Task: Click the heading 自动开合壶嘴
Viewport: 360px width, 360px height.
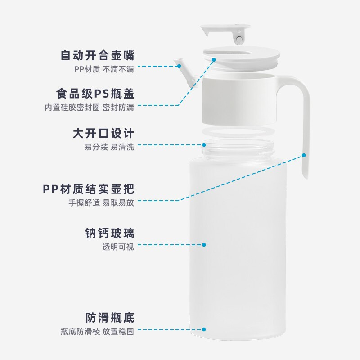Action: (x=98, y=56)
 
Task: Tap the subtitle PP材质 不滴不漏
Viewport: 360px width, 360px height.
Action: (x=104, y=69)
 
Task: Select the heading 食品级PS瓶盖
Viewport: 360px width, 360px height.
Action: (x=95, y=94)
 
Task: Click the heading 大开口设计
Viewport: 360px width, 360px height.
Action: (x=103, y=134)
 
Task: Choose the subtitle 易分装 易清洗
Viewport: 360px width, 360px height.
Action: (x=109, y=147)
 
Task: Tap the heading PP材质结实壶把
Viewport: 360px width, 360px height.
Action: (x=88, y=189)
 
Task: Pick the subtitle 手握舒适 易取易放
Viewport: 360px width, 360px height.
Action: (x=101, y=202)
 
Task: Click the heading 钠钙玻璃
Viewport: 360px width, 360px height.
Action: (x=110, y=233)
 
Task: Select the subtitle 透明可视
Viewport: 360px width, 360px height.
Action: (x=118, y=247)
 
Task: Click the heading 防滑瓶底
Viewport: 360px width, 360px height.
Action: (x=110, y=318)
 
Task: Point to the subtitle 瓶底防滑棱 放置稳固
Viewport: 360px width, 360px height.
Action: (x=97, y=332)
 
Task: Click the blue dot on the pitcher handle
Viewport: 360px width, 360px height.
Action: (x=304, y=155)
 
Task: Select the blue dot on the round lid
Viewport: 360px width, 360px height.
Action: (x=214, y=59)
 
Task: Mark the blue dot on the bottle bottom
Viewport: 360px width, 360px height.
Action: (x=204, y=329)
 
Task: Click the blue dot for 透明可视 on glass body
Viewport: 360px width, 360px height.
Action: (x=204, y=245)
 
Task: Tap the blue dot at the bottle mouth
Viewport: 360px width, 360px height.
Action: (x=204, y=145)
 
